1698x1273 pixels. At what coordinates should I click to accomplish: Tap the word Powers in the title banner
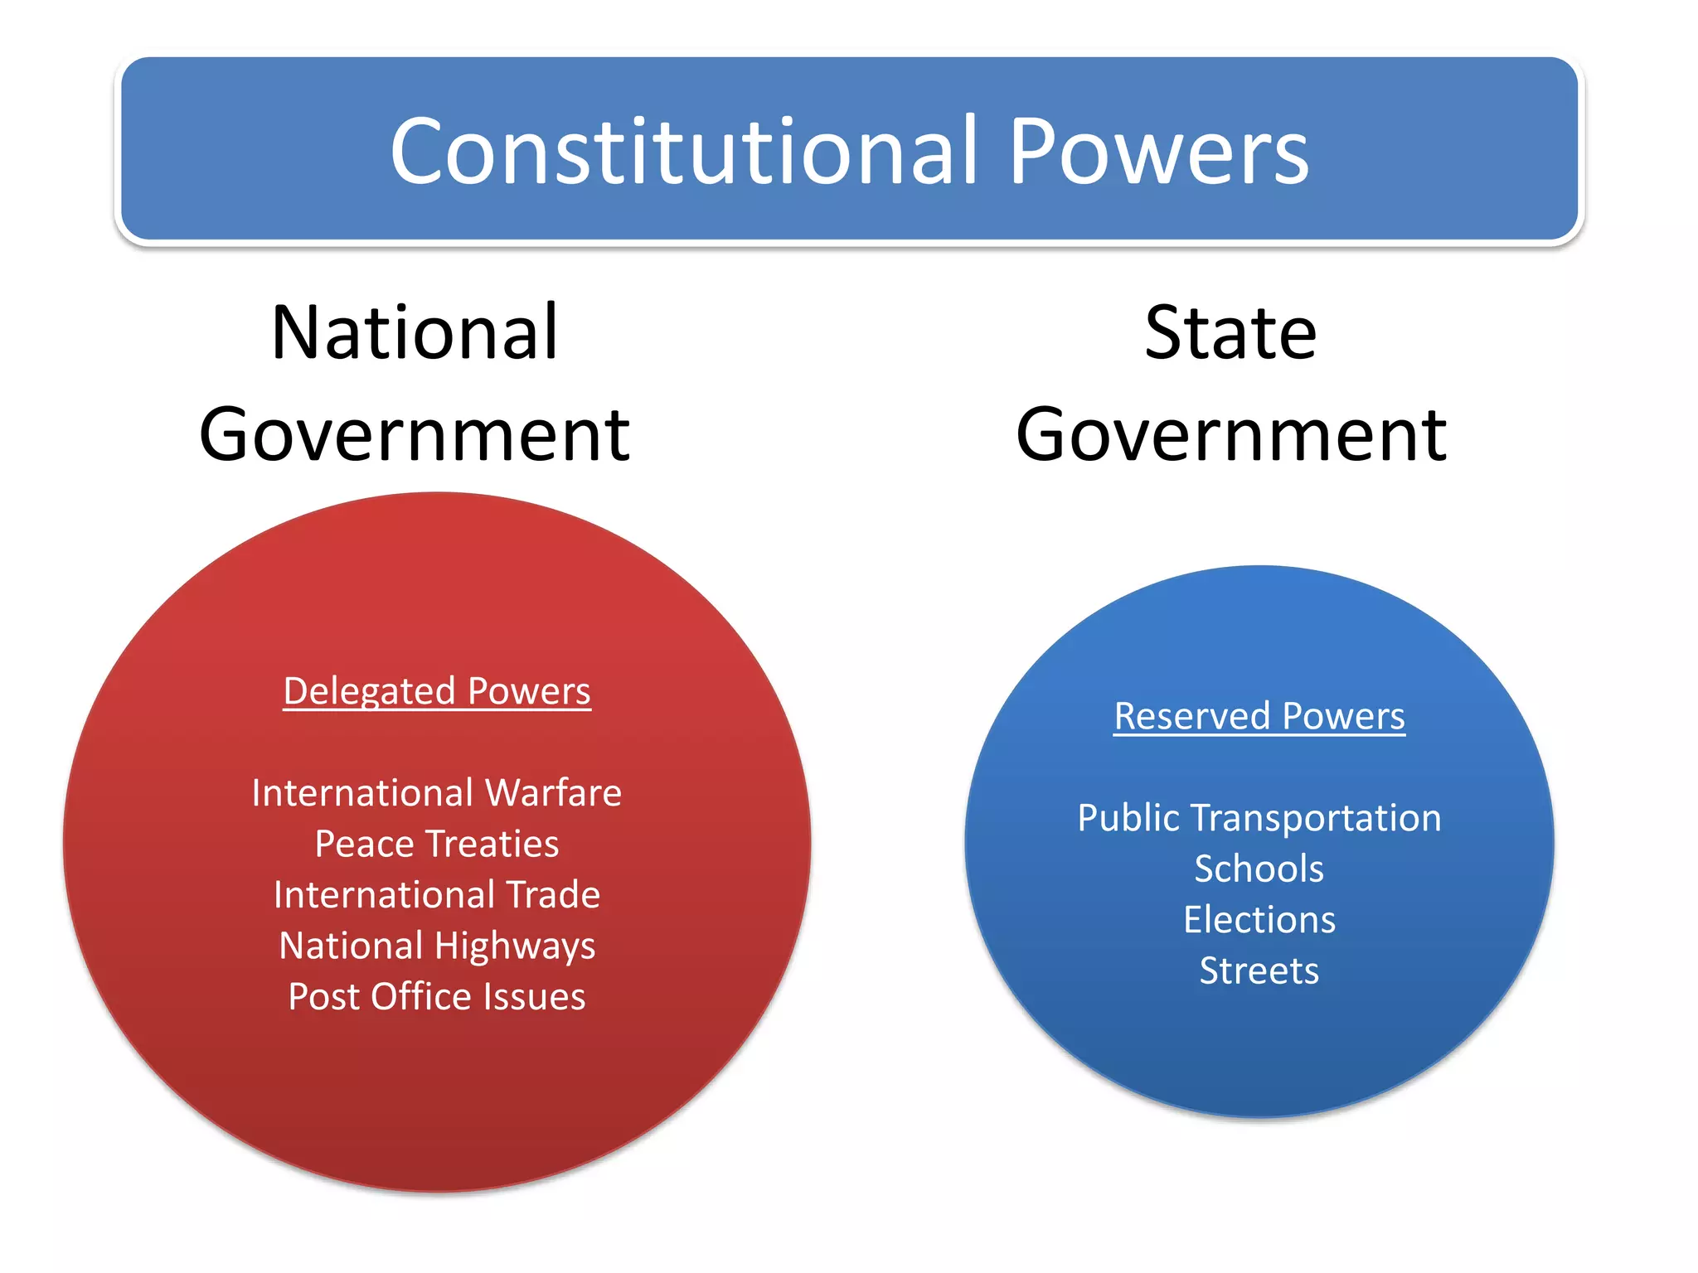[x=1158, y=151]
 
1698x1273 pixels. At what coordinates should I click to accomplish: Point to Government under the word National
[x=415, y=435]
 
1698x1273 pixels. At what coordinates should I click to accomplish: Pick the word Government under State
[x=1231, y=435]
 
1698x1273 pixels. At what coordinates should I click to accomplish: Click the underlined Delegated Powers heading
[x=437, y=691]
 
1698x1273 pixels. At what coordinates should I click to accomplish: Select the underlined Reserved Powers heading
[x=1259, y=716]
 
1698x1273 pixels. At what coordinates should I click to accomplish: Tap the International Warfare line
[x=437, y=793]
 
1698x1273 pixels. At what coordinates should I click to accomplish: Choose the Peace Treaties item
[x=437, y=844]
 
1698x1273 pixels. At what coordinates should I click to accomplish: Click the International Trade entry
[x=437, y=895]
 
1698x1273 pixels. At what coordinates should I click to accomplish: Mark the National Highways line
[x=437, y=946]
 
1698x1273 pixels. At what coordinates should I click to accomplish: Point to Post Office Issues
[x=437, y=997]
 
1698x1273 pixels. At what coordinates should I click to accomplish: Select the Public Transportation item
[x=1259, y=818]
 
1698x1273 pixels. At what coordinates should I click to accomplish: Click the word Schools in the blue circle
[x=1259, y=869]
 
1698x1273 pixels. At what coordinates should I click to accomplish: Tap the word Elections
[x=1259, y=920]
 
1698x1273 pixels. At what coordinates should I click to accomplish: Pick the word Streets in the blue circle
[x=1259, y=970]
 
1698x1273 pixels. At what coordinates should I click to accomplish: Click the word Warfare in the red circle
[x=553, y=793]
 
